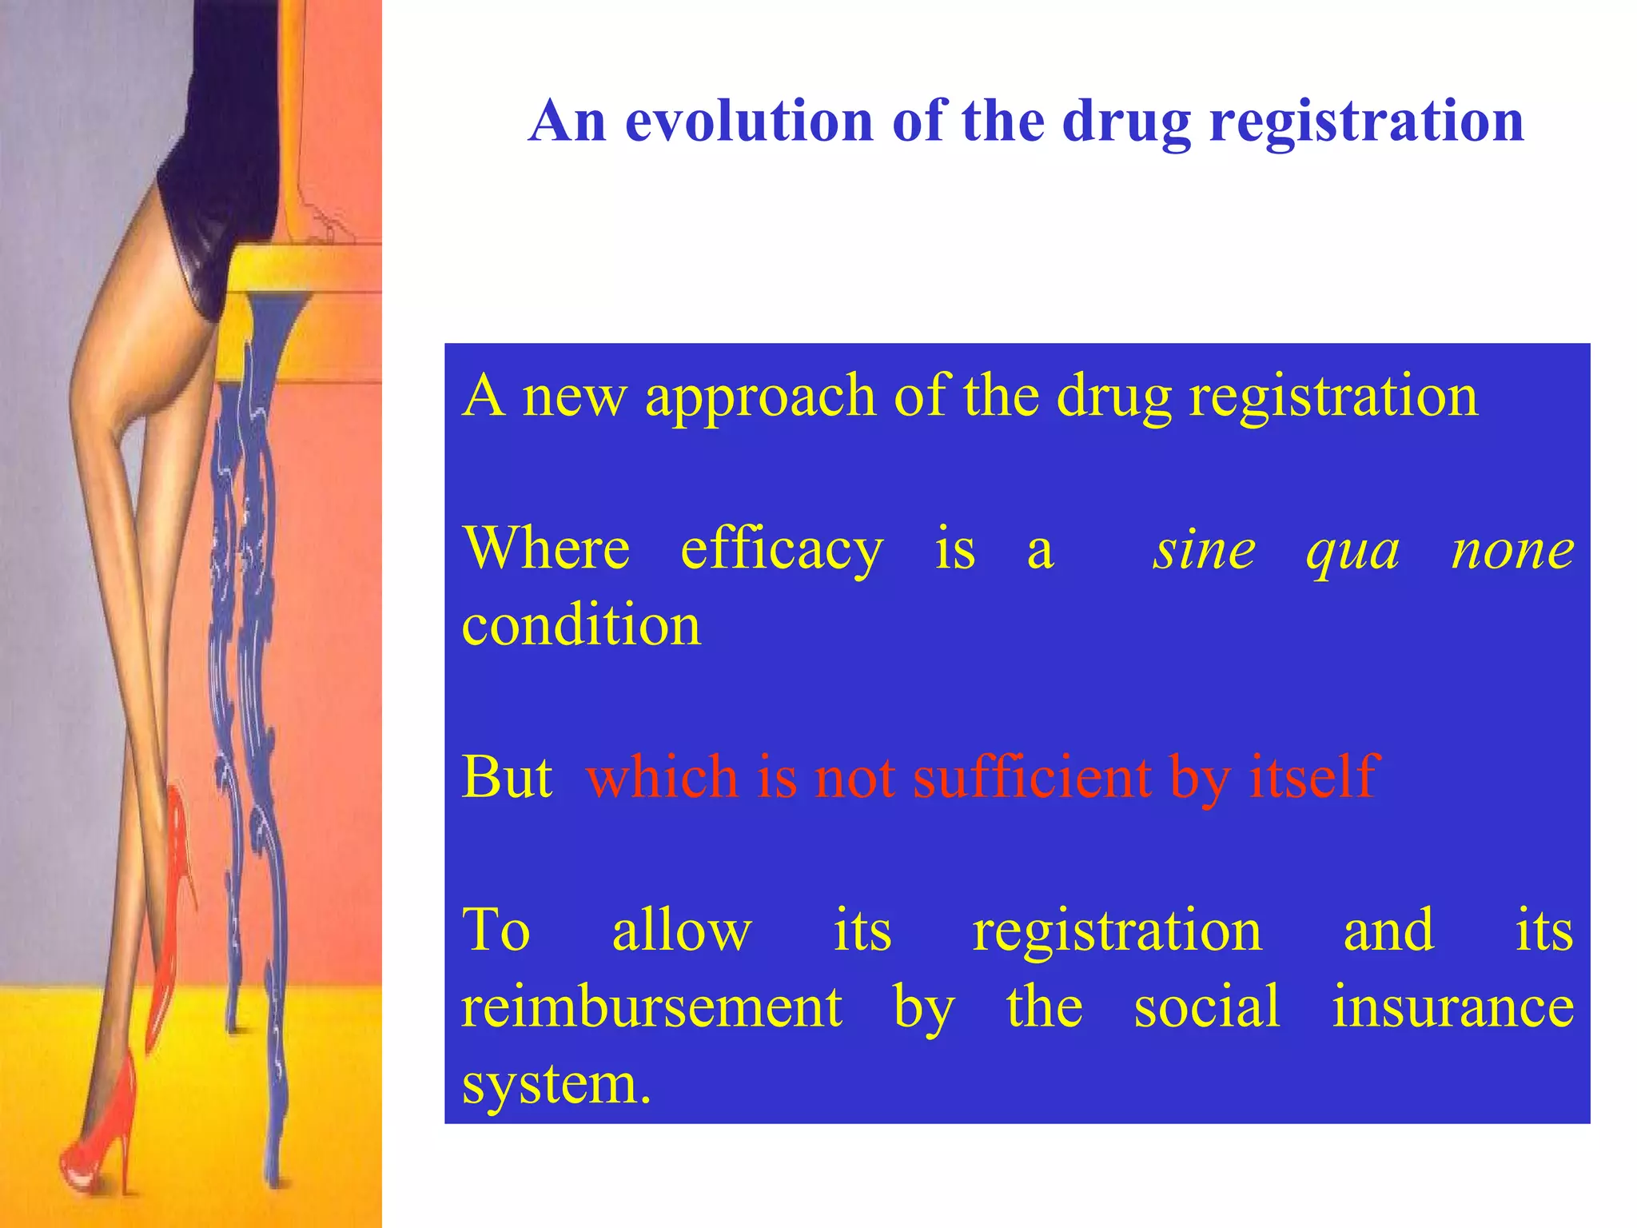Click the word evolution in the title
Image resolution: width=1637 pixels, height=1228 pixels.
(x=749, y=122)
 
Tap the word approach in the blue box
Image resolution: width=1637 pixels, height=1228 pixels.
(x=760, y=397)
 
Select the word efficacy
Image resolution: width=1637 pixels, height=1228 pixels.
(x=781, y=549)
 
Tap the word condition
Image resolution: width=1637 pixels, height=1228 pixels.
(x=581, y=624)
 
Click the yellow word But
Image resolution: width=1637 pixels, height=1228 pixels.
(x=507, y=776)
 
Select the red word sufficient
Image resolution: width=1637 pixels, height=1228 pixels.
(x=1032, y=776)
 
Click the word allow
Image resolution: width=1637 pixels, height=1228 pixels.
(x=681, y=930)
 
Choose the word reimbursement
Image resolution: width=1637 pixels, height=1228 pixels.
(x=651, y=1007)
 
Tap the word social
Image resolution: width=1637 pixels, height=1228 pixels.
(x=1207, y=1007)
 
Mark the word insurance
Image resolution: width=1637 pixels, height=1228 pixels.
(x=1452, y=1007)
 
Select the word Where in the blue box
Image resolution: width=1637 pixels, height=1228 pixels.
(x=547, y=549)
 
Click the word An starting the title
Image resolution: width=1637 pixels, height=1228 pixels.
(x=568, y=122)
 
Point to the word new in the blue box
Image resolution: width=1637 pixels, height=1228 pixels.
(x=574, y=397)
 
